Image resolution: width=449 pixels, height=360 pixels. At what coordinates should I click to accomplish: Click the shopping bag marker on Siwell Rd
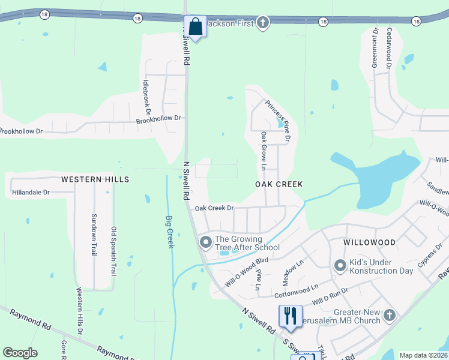coord(195,26)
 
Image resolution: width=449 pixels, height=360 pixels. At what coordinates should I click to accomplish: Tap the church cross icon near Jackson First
coord(262,23)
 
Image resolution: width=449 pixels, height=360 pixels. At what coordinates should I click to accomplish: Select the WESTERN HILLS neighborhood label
coord(95,179)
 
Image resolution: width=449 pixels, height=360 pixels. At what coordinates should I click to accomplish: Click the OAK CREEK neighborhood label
coord(279,184)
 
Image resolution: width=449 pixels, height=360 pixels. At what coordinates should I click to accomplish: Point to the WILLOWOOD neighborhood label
coord(369,242)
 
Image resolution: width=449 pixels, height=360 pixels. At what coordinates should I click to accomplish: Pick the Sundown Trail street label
coord(94,234)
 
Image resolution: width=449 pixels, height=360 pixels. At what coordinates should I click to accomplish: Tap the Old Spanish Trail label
coord(113,251)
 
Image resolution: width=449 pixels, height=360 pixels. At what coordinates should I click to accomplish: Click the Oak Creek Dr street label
coord(214,208)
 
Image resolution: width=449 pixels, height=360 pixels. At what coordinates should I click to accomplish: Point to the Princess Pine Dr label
coord(278,121)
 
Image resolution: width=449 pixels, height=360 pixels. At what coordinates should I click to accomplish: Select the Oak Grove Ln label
coord(263,151)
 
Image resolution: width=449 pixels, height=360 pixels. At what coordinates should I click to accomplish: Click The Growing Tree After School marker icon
coord(205,242)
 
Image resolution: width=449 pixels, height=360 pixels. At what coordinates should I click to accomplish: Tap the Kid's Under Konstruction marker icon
coord(340,265)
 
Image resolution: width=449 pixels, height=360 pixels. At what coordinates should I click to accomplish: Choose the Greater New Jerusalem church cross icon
coord(390,315)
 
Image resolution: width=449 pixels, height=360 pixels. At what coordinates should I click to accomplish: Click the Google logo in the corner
coord(20,353)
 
